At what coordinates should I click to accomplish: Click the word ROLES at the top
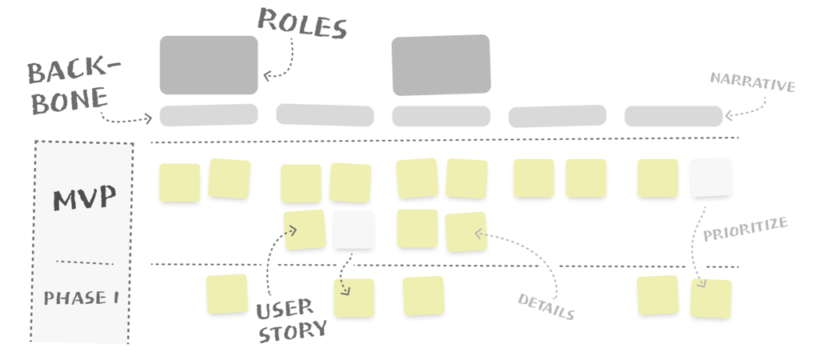(x=303, y=23)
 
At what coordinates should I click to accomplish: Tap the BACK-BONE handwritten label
(x=72, y=84)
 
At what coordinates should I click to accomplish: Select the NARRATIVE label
(x=752, y=82)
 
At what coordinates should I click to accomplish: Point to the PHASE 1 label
(x=82, y=298)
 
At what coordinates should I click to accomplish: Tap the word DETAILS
(x=546, y=306)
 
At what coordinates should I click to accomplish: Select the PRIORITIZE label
(x=745, y=230)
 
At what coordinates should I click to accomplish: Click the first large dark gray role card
(x=209, y=65)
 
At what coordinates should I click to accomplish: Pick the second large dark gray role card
(x=441, y=64)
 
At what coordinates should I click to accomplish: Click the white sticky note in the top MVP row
(x=710, y=178)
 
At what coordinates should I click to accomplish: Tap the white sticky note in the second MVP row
(x=354, y=230)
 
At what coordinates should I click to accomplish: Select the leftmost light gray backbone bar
(x=209, y=114)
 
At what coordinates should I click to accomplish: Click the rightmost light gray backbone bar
(x=673, y=116)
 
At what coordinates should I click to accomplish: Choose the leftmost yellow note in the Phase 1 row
(x=227, y=294)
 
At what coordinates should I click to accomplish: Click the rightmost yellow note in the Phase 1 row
(x=711, y=298)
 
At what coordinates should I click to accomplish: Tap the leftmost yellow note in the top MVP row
(x=179, y=182)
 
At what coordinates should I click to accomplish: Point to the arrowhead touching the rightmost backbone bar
(x=729, y=117)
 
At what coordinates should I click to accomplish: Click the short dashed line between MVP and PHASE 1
(x=85, y=262)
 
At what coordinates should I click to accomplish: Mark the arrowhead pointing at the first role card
(x=267, y=76)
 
